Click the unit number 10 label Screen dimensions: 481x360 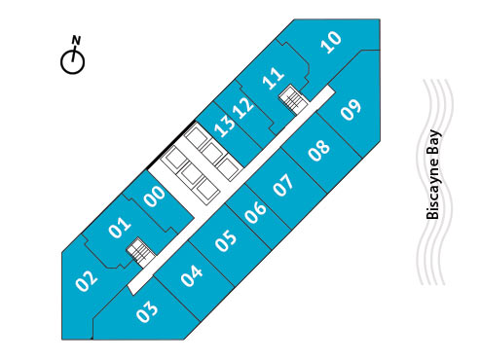pos(332,41)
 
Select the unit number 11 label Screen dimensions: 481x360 pos(274,76)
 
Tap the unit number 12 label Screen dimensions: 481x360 pos(243,106)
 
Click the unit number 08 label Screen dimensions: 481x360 pos(318,150)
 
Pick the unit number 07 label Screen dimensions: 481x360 pos(283,185)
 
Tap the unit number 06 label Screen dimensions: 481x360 pos(256,212)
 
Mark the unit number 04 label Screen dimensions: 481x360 pos(192,275)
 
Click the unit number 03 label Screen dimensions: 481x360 pos(148,313)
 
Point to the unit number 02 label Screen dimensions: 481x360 pos(87,281)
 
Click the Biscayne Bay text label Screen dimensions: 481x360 pos(434,175)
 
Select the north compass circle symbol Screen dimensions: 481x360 pos(72,61)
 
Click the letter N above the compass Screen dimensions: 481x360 pos(75,40)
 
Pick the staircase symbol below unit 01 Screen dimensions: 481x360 pos(141,253)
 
